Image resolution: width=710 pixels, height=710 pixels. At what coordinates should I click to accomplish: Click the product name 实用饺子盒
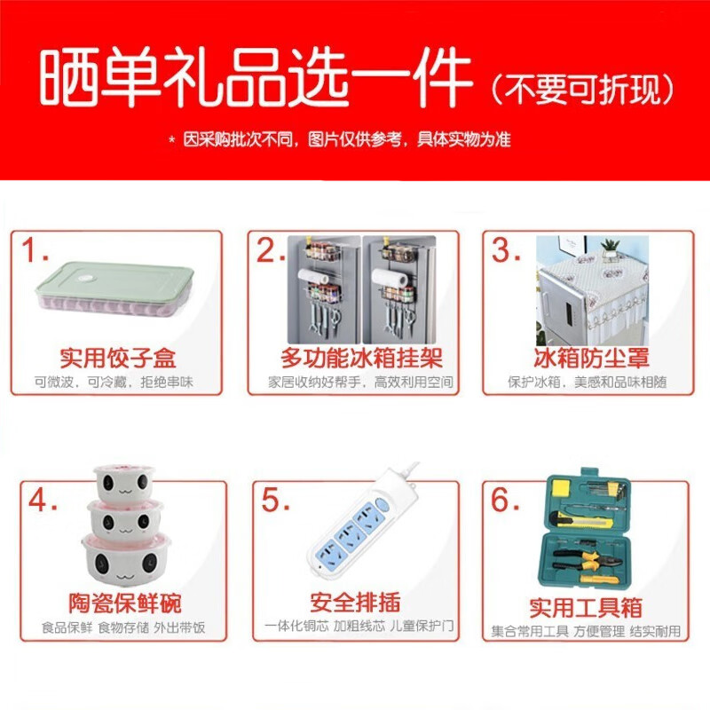(117, 359)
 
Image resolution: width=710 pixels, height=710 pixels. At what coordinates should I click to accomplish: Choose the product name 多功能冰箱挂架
(361, 359)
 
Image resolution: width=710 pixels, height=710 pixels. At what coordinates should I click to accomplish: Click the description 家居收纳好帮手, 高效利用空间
(361, 383)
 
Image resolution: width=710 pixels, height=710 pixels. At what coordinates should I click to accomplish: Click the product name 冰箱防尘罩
(591, 359)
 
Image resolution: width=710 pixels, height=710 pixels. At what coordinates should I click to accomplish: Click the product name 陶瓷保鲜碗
(125, 604)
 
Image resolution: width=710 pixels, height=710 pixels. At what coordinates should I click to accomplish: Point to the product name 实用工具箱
(586, 608)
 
